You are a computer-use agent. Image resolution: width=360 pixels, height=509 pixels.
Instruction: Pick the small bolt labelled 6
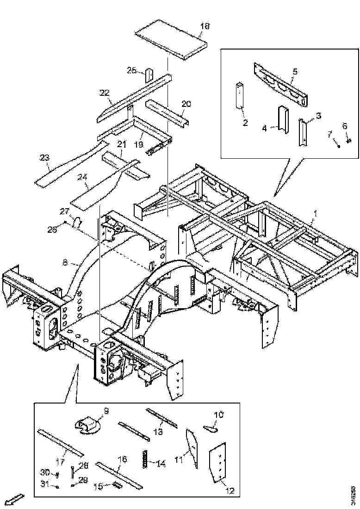pyautogui.click(x=348, y=140)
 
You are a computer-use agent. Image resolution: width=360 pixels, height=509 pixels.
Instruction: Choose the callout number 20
pyautogui.click(x=186, y=104)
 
